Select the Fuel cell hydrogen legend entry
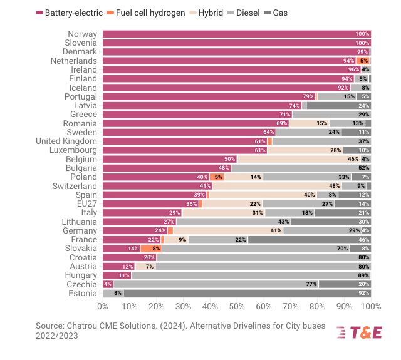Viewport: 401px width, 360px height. point(145,13)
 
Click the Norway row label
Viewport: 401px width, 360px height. point(82,34)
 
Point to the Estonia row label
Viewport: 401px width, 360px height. point(82,293)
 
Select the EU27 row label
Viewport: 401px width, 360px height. point(86,203)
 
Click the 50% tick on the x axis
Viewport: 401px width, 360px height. point(237,307)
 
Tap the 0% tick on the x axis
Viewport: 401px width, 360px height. point(103,307)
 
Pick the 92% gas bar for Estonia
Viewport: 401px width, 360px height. point(247,293)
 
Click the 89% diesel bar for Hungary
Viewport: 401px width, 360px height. point(251,275)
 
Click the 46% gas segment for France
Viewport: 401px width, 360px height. point(310,239)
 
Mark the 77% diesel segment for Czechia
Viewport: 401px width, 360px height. point(216,284)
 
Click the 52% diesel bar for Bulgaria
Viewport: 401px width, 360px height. point(301,168)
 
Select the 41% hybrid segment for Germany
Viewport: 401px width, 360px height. point(228,230)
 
